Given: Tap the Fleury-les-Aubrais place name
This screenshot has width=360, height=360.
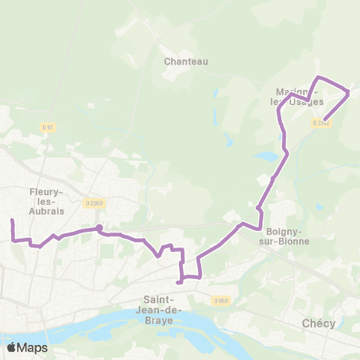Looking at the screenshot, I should click(x=46, y=202).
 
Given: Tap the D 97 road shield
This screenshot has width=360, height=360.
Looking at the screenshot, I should click(x=48, y=127).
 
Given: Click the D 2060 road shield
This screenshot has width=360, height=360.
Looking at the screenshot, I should click(x=94, y=202).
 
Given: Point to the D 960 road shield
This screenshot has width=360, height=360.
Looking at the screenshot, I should click(x=220, y=301).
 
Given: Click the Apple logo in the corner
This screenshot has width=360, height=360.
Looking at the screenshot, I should click(x=11, y=346).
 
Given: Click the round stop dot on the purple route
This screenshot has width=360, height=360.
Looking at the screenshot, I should click(x=98, y=228).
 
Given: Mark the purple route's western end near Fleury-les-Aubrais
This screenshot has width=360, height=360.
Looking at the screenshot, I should click(x=12, y=220).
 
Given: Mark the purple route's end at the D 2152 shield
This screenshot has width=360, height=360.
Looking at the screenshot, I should click(x=323, y=118).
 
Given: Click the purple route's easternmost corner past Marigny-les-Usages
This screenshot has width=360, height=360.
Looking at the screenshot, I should click(x=349, y=92).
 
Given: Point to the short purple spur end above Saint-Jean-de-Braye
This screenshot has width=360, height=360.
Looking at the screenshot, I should click(x=178, y=283).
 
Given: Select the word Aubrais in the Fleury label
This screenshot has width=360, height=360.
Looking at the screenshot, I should click(x=46, y=211).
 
